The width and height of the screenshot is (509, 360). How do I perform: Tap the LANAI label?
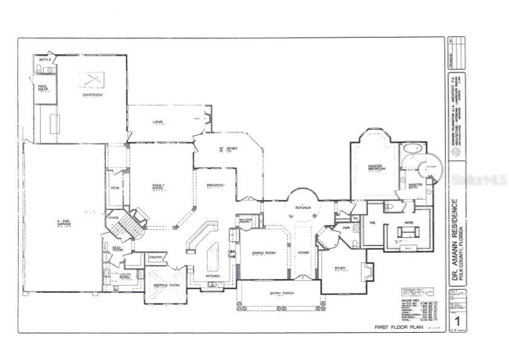[x=157, y=122]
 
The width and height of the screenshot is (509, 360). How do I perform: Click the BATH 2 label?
[x=44, y=61]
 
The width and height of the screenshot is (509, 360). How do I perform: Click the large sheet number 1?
[x=458, y=320]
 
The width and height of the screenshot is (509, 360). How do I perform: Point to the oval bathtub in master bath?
[x=412, y=149]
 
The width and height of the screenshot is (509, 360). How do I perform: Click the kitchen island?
[x=212, y=257]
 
